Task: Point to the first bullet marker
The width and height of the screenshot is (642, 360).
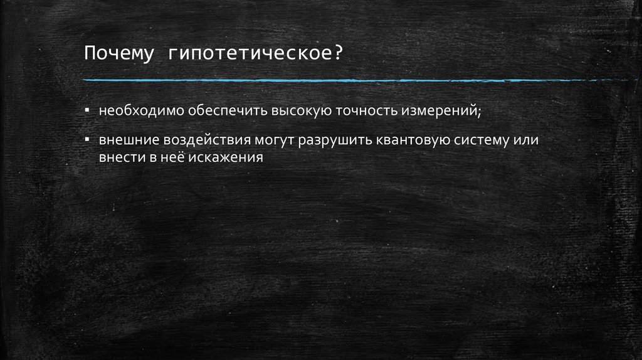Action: tap(88, 110)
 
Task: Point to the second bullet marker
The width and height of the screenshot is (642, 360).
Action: tap(88, 139)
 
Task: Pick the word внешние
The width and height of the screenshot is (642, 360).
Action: tap(123, 140)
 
